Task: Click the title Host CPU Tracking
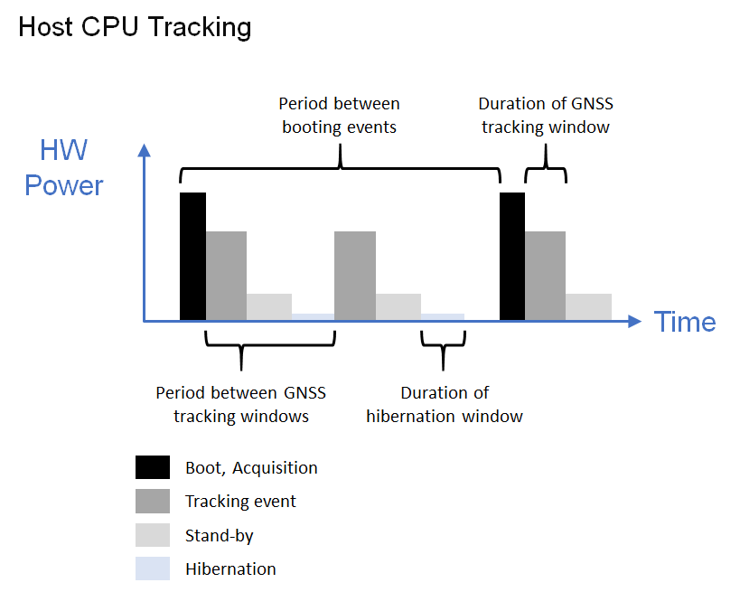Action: [x=135, y=27]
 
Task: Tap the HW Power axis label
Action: [x=64, y=167]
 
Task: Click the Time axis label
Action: [x=685, y=322]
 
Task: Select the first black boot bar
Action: [x=193, y=257]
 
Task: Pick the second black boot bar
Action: [x=512, y=257]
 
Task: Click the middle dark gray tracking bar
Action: [x=355, y=276]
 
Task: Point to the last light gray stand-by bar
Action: [x=588, y=307]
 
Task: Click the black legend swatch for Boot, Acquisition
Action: [x=153, y=467]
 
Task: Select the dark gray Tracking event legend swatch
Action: [x=153, y=501]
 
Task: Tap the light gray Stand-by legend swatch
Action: [x=153, y=535]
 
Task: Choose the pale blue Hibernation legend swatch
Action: [x=153, y=569]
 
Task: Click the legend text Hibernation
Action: [x=230, y=569]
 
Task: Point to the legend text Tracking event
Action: [x=240, y=501]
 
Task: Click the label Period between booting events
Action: [x=340, y=115]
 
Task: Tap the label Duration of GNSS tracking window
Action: [x=546, y=115]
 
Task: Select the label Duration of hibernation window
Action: [x=445, y=405]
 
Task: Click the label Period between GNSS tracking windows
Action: [x=241, y=405]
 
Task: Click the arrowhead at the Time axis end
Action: [x=635, y=322]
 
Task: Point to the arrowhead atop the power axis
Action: [x=144, y=150]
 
